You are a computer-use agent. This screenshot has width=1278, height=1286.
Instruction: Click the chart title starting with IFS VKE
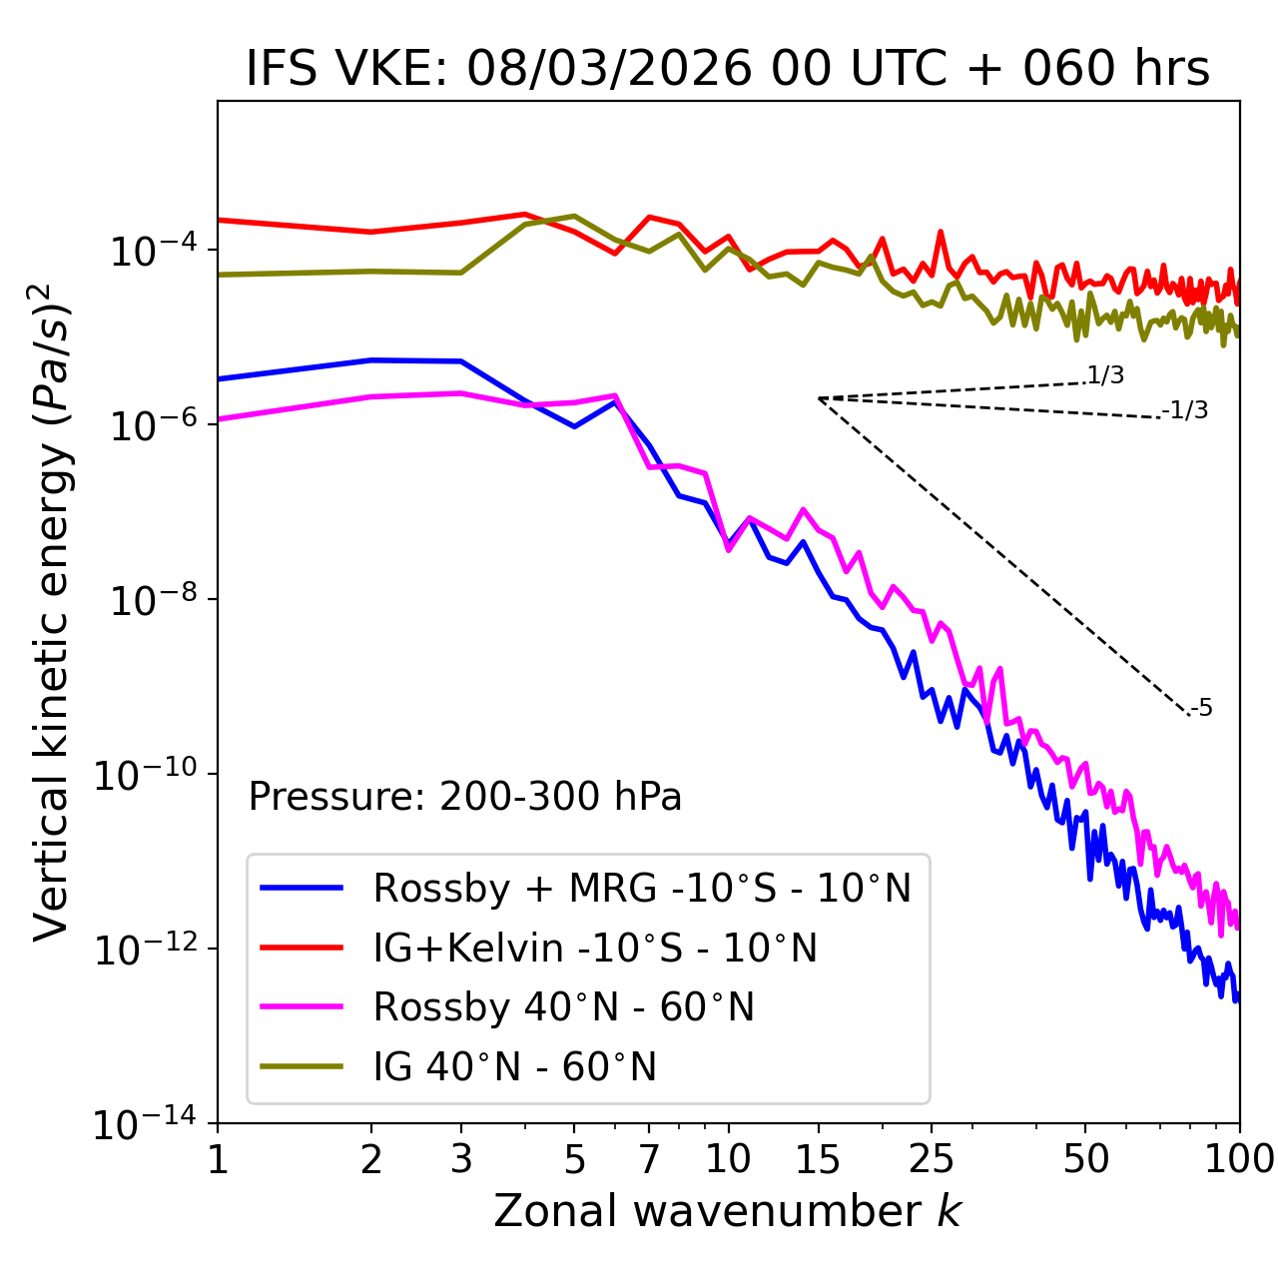pyautogui.click(x=728, y=69)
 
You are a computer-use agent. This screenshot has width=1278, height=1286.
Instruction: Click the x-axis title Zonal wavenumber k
pyautogui.click(x=728, y=1210)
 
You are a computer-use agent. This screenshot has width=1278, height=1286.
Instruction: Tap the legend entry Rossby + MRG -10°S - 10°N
pyautogui.click(x=642, y=888)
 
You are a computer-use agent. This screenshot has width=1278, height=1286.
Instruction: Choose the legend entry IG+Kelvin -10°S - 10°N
pyautogui.click(x=595, y=948)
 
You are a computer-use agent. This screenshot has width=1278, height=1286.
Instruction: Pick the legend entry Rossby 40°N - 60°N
pyautogui.click(x=563, y=1007)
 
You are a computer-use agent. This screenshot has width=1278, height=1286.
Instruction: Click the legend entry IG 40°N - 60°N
pyautogui.click(x=514, y=1067)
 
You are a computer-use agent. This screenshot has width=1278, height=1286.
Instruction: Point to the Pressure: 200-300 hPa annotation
pyautogui.click(x=465, y=797)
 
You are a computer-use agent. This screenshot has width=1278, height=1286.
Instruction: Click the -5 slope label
pyautogui.click(x=1201, y=709)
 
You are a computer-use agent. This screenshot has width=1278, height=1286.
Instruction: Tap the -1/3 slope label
pyautogui.click(x=1185, y=410)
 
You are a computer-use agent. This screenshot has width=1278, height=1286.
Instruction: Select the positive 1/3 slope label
pyautogui.click(x=1105, y=375)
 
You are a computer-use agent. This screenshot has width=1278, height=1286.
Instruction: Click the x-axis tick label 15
pyautogui.click(x=818, y=1159)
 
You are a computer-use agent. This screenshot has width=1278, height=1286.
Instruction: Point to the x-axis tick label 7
pyautogui.click(x=649, y=1159)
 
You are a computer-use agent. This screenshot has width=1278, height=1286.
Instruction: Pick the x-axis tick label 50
pyautogui.click(x=1085, y=1159)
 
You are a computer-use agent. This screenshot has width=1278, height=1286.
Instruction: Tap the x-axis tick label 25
pyautogui.click(x=932, y=1159)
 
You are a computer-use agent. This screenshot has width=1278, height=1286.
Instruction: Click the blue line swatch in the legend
pyautogui.click(x=302, y=888)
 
